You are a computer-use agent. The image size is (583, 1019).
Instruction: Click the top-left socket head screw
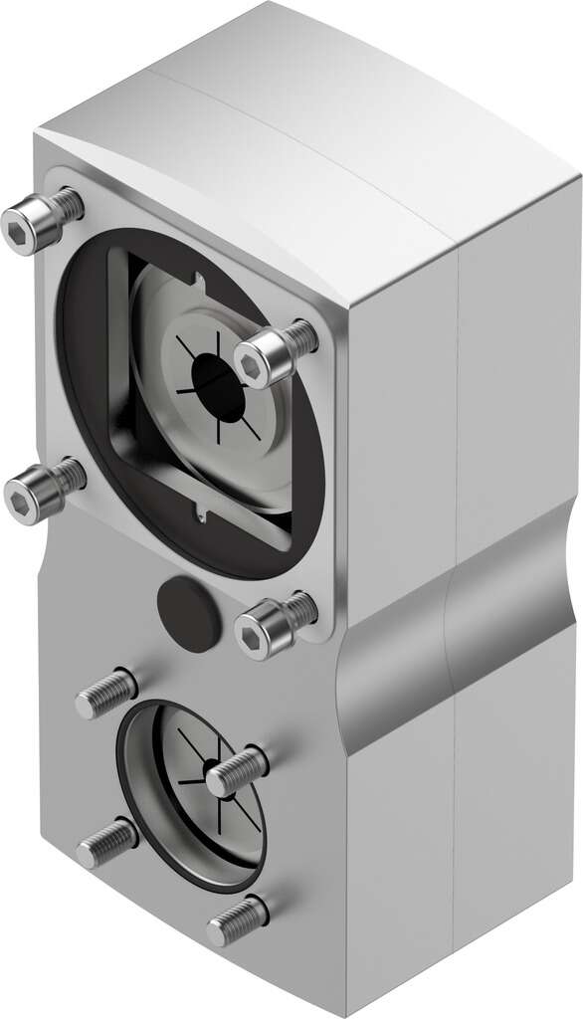coord(38,223)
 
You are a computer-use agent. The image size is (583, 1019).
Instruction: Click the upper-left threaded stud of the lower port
coord(105,692)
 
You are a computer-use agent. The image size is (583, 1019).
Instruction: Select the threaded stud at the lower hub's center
coord(236,771)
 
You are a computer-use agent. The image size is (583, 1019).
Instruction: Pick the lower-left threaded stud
coord(105,844)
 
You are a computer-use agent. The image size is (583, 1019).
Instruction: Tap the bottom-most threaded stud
coord(238,921)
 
